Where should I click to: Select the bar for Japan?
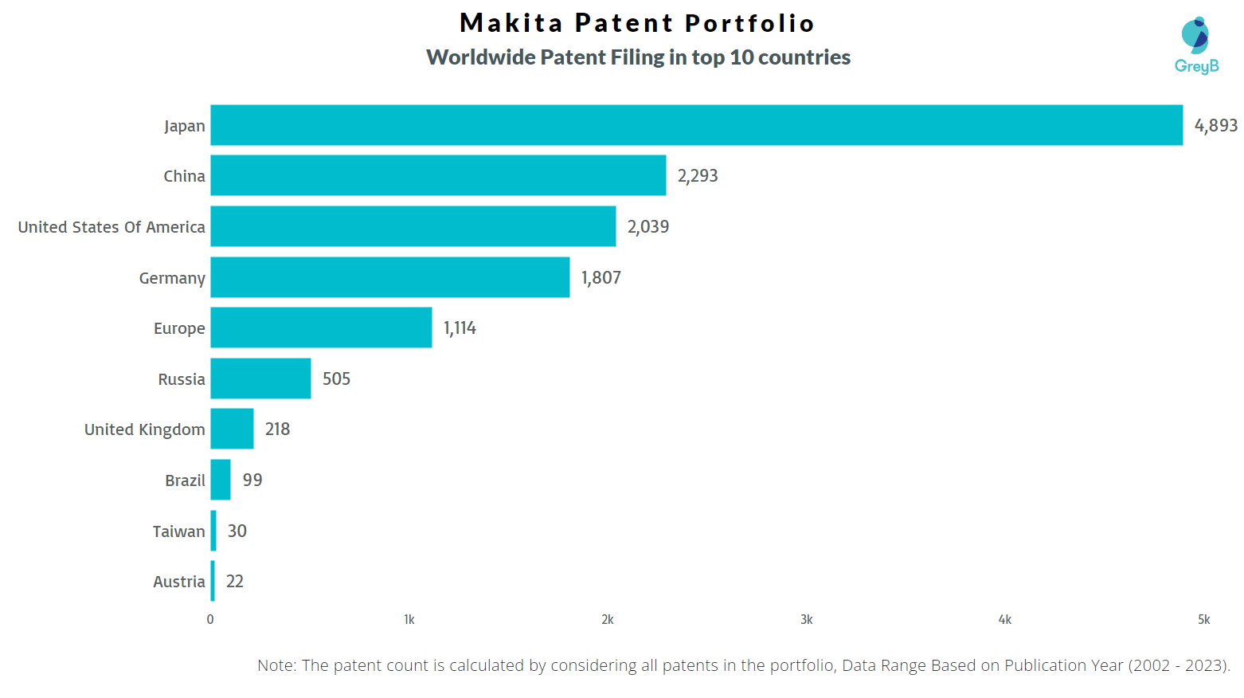click(696, 125)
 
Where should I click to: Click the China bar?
click(438, 175)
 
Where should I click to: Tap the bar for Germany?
click(389, 277)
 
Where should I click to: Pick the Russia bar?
click(260, 378)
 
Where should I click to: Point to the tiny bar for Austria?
click(213, 581)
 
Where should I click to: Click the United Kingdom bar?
click(232, 429)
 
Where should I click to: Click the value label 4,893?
click(1215, 125)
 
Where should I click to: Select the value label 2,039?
click(648, 227)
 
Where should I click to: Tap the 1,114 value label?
click(460, 328)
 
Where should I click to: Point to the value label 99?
click(252, 480)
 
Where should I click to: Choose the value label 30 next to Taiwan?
click(237, 531)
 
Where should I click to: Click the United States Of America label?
click(111, 227)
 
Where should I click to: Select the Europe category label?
click(179, 328)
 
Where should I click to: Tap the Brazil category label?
click(185, 480)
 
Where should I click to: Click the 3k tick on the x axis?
click(806, 620)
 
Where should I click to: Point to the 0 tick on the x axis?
click(210, 620)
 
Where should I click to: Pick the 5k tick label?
click(1203, 620)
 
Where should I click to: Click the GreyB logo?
click(1196, 46)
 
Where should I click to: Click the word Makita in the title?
click(511, 23)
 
